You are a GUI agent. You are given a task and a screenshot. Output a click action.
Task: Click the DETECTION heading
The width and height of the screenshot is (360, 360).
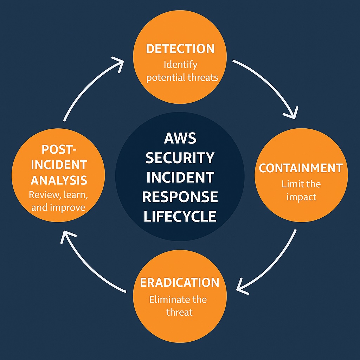tap(180, 49)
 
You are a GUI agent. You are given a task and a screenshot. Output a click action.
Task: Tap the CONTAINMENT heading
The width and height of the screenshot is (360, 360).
tap(301, 168)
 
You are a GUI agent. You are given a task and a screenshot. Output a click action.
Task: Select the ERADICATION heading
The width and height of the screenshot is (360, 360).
tap(180, 283)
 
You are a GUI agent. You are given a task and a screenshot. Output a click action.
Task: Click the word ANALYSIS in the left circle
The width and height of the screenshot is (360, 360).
tap(59, 180)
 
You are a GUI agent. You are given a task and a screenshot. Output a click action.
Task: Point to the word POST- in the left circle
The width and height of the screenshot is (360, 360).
tap(59, 149)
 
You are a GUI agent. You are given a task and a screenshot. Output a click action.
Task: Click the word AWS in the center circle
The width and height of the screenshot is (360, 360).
tap(180, 138)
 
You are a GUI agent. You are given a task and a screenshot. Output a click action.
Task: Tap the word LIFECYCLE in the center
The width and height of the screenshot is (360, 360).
tap(180, 216)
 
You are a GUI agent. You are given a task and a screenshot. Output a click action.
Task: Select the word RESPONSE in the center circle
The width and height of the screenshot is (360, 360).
tap(180, 197)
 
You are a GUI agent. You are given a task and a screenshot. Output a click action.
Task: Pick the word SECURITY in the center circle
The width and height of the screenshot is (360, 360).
tap(180, 158)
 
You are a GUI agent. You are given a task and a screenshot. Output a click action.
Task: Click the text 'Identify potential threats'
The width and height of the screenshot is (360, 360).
tap(182, 71)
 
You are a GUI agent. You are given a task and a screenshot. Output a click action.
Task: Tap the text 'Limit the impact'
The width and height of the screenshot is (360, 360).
tap(301, 190)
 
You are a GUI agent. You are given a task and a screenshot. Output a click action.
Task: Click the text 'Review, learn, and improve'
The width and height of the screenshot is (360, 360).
tap(58, 201)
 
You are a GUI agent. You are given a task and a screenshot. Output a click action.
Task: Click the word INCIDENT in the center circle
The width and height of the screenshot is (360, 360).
tap(180, 177)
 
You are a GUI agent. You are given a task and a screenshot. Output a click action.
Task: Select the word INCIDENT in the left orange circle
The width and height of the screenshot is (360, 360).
tap(59, 165)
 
